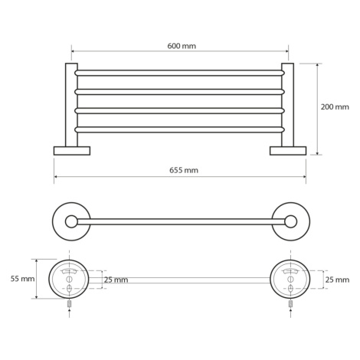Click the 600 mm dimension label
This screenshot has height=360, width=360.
[182, 46]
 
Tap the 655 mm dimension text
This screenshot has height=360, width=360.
[184, 170]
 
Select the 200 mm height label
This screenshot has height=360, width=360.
[335, 106]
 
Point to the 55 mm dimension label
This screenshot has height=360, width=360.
[22, 279]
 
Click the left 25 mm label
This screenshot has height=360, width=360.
[116, 280]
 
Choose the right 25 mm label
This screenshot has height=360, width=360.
[337, 280]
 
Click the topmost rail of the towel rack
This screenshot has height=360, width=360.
[179, 73]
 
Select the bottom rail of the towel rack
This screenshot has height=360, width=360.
[179, 129]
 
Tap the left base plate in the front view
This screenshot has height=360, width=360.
[72, 151]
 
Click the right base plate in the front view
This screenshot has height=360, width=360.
[288, 151]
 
